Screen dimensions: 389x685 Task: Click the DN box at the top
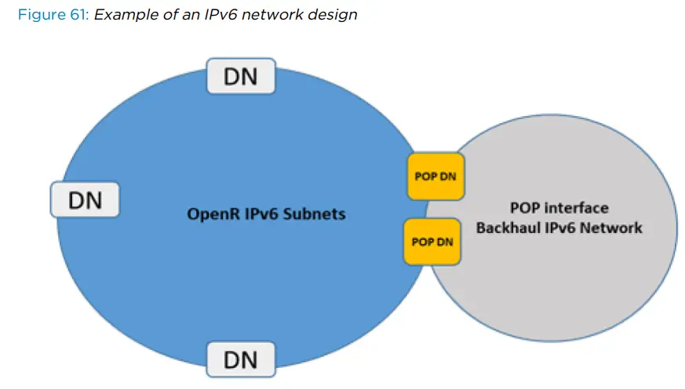[x=240, y=77]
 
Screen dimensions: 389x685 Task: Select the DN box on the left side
[x=85, y=199]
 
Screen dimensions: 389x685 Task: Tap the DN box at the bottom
[x=240, y=360]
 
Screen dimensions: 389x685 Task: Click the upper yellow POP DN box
[x=436, y=176]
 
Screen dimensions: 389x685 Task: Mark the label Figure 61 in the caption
[x=52, y=15]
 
